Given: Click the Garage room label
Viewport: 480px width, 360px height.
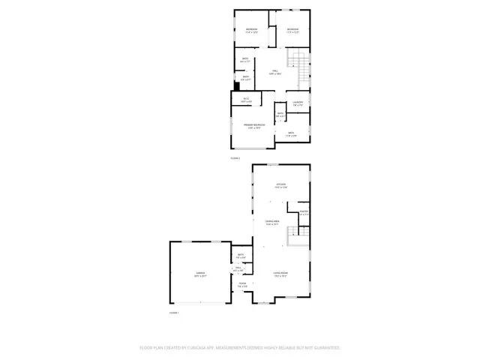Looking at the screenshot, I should point(201,274).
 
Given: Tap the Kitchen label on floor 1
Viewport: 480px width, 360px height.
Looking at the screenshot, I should point(281,185).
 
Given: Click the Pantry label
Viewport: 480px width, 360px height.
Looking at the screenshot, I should point(304,213).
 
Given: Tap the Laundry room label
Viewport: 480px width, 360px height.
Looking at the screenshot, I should point(298,103).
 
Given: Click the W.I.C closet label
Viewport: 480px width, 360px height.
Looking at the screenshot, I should point(245,99).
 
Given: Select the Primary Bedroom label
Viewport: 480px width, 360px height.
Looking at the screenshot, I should point(253,125).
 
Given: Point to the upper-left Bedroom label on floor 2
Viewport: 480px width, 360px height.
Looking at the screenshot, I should point(252,31).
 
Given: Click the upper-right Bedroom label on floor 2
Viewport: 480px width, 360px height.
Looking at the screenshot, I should point(292,31).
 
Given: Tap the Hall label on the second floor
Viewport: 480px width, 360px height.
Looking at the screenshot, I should point(276,72).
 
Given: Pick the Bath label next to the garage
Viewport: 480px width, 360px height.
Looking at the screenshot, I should point(241,256).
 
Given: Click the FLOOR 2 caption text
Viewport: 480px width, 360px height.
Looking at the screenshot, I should point(235,157).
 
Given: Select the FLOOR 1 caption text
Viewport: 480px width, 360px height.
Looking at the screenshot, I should point(174,313).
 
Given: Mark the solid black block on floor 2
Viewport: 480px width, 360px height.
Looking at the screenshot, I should point(235,85).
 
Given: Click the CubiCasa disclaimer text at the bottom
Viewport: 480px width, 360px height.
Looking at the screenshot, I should point(240,348).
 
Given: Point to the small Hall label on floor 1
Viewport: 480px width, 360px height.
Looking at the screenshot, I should point(238,268).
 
